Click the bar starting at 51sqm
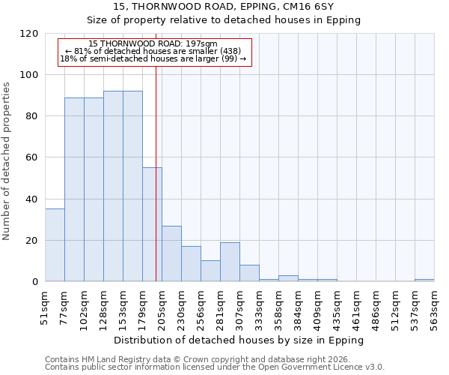[x=55, y=245]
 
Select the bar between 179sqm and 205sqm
[x=152, y=224]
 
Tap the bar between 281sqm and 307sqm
[x=230, y=262]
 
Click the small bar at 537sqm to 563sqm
[x=424, y=280]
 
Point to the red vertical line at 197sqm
[x=156, y=150]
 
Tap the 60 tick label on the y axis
[x=31, y=157]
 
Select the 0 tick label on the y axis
[x=34, y=282]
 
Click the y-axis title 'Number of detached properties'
[x=7, y=161]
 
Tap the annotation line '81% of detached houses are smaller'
[x=153, y=51]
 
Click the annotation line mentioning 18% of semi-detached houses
[x=153, y=58]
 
